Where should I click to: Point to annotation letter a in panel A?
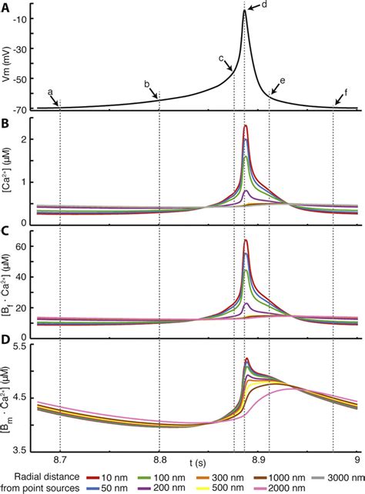coord(51,92)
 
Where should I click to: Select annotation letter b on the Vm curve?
coord(146,83)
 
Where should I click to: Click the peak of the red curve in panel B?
coord(245,125)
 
